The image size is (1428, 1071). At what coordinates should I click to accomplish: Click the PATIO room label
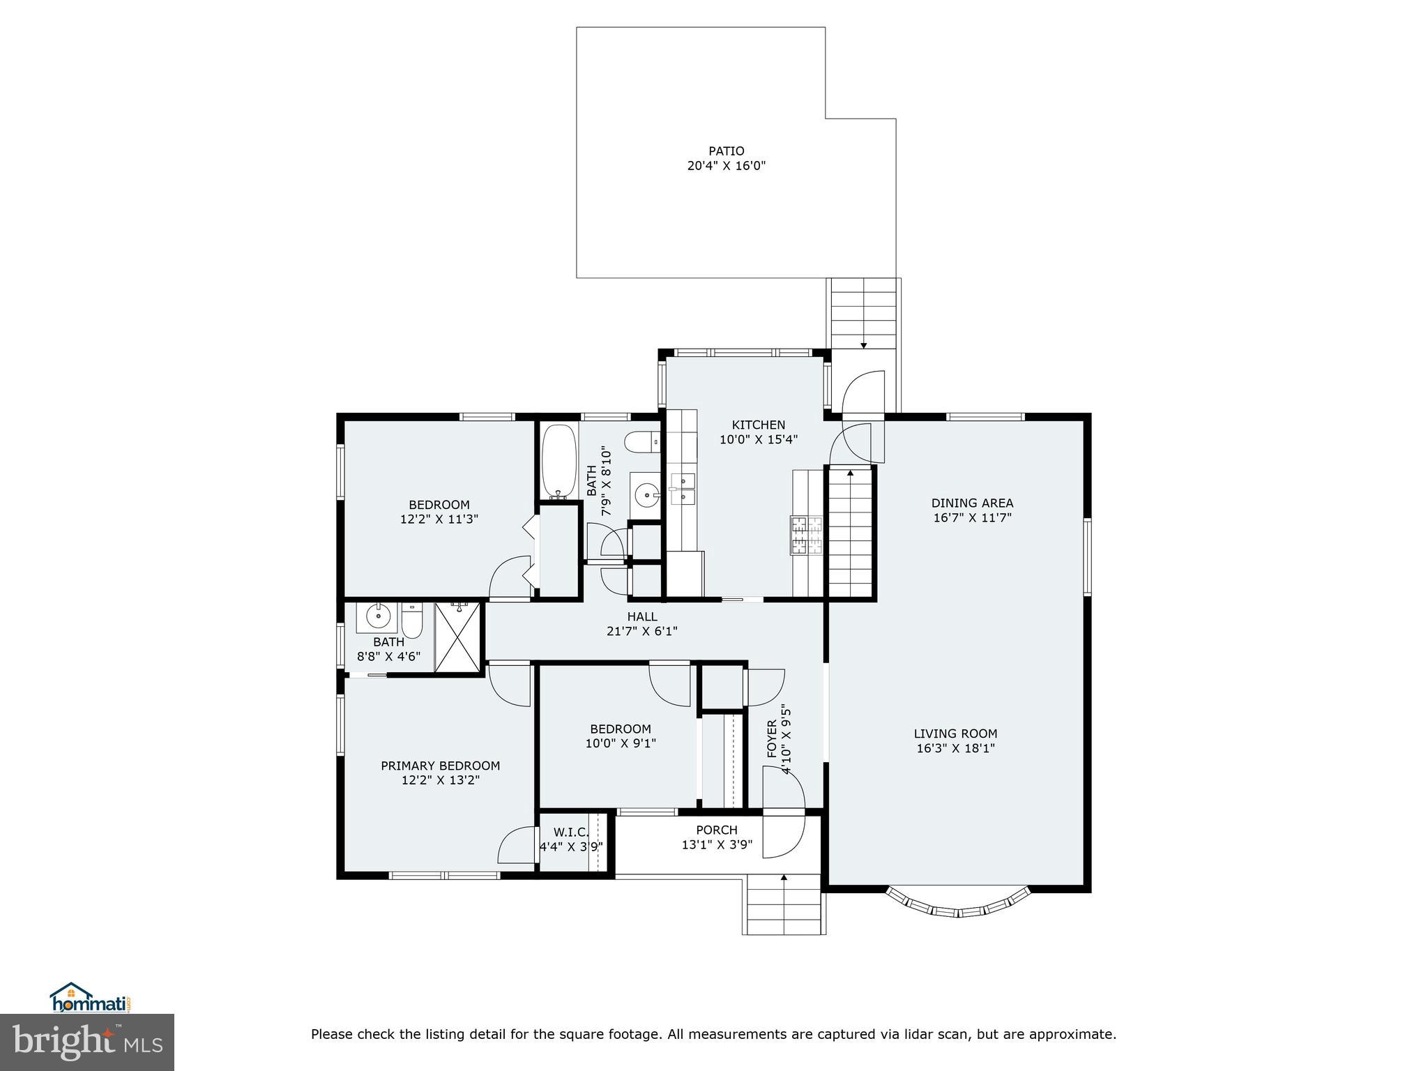(726, 151)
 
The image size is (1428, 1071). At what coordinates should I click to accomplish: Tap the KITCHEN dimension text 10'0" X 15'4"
(759, 440)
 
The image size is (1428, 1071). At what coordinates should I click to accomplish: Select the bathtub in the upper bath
(559, 460)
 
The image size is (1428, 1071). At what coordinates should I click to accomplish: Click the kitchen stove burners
(806, 535)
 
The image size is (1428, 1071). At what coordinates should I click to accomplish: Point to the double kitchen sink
(683, 489)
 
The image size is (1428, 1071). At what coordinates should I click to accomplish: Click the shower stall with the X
(458, 637)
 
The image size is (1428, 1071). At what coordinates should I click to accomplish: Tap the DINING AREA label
(972, 503)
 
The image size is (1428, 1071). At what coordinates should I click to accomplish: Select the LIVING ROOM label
(955, 734)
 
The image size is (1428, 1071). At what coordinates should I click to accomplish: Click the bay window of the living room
(957, 906)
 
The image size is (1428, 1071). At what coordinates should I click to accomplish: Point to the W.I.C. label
(571, 832)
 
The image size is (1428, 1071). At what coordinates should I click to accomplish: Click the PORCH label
(716, 830)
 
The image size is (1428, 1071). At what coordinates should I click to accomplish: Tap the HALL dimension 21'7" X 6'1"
(641, 632)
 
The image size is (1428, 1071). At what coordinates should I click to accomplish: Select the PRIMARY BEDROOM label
(440, 766)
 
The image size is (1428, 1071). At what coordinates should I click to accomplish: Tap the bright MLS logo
(87, 1043)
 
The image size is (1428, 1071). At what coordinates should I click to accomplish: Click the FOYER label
(772, 739)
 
